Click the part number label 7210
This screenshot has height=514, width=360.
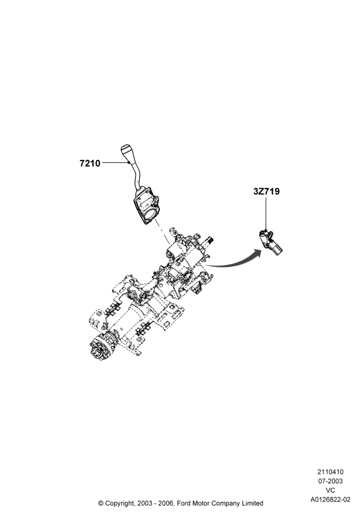[x=89, y=163]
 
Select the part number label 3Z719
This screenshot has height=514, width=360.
[x=266, y=191]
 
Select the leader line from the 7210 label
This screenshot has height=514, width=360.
[x=114, y=162]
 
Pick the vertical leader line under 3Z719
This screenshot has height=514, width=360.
[x=266, y=214]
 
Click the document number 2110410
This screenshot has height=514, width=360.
[x=330, y=472]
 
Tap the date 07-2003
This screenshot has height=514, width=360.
[x=330, y=481]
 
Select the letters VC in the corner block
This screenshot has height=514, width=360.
[x=330, y=490]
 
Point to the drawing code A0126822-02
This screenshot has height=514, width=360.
[x=330, y=500]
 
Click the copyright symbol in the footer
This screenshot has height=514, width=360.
[x=101, y=503]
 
